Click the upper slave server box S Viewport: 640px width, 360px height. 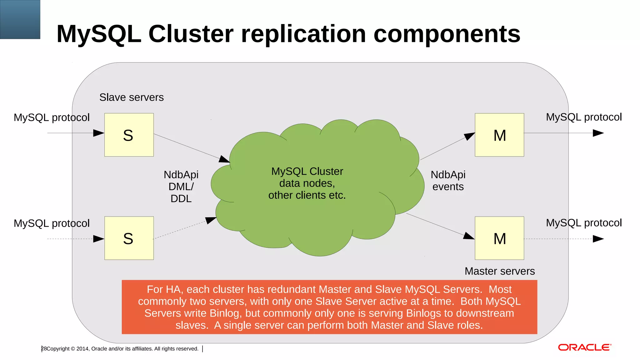129,135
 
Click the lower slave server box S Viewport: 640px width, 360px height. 129,238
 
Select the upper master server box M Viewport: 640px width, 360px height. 499,135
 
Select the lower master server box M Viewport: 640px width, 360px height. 499,238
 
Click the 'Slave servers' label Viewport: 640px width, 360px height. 131,97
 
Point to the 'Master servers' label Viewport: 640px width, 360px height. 499,271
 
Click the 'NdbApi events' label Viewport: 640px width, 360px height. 448,181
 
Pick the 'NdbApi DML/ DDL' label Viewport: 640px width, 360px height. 181,187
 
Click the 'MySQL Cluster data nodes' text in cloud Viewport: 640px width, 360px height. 307,177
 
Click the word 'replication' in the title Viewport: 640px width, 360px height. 303,34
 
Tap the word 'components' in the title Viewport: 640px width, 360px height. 447,34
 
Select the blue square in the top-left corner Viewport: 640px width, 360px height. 20,19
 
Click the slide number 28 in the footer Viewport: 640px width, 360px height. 44,348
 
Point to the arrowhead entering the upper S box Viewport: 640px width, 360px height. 99,133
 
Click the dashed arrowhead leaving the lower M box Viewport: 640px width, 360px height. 598,239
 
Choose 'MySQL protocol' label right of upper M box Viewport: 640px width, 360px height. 584,117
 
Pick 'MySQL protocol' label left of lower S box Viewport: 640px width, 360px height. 52,223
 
